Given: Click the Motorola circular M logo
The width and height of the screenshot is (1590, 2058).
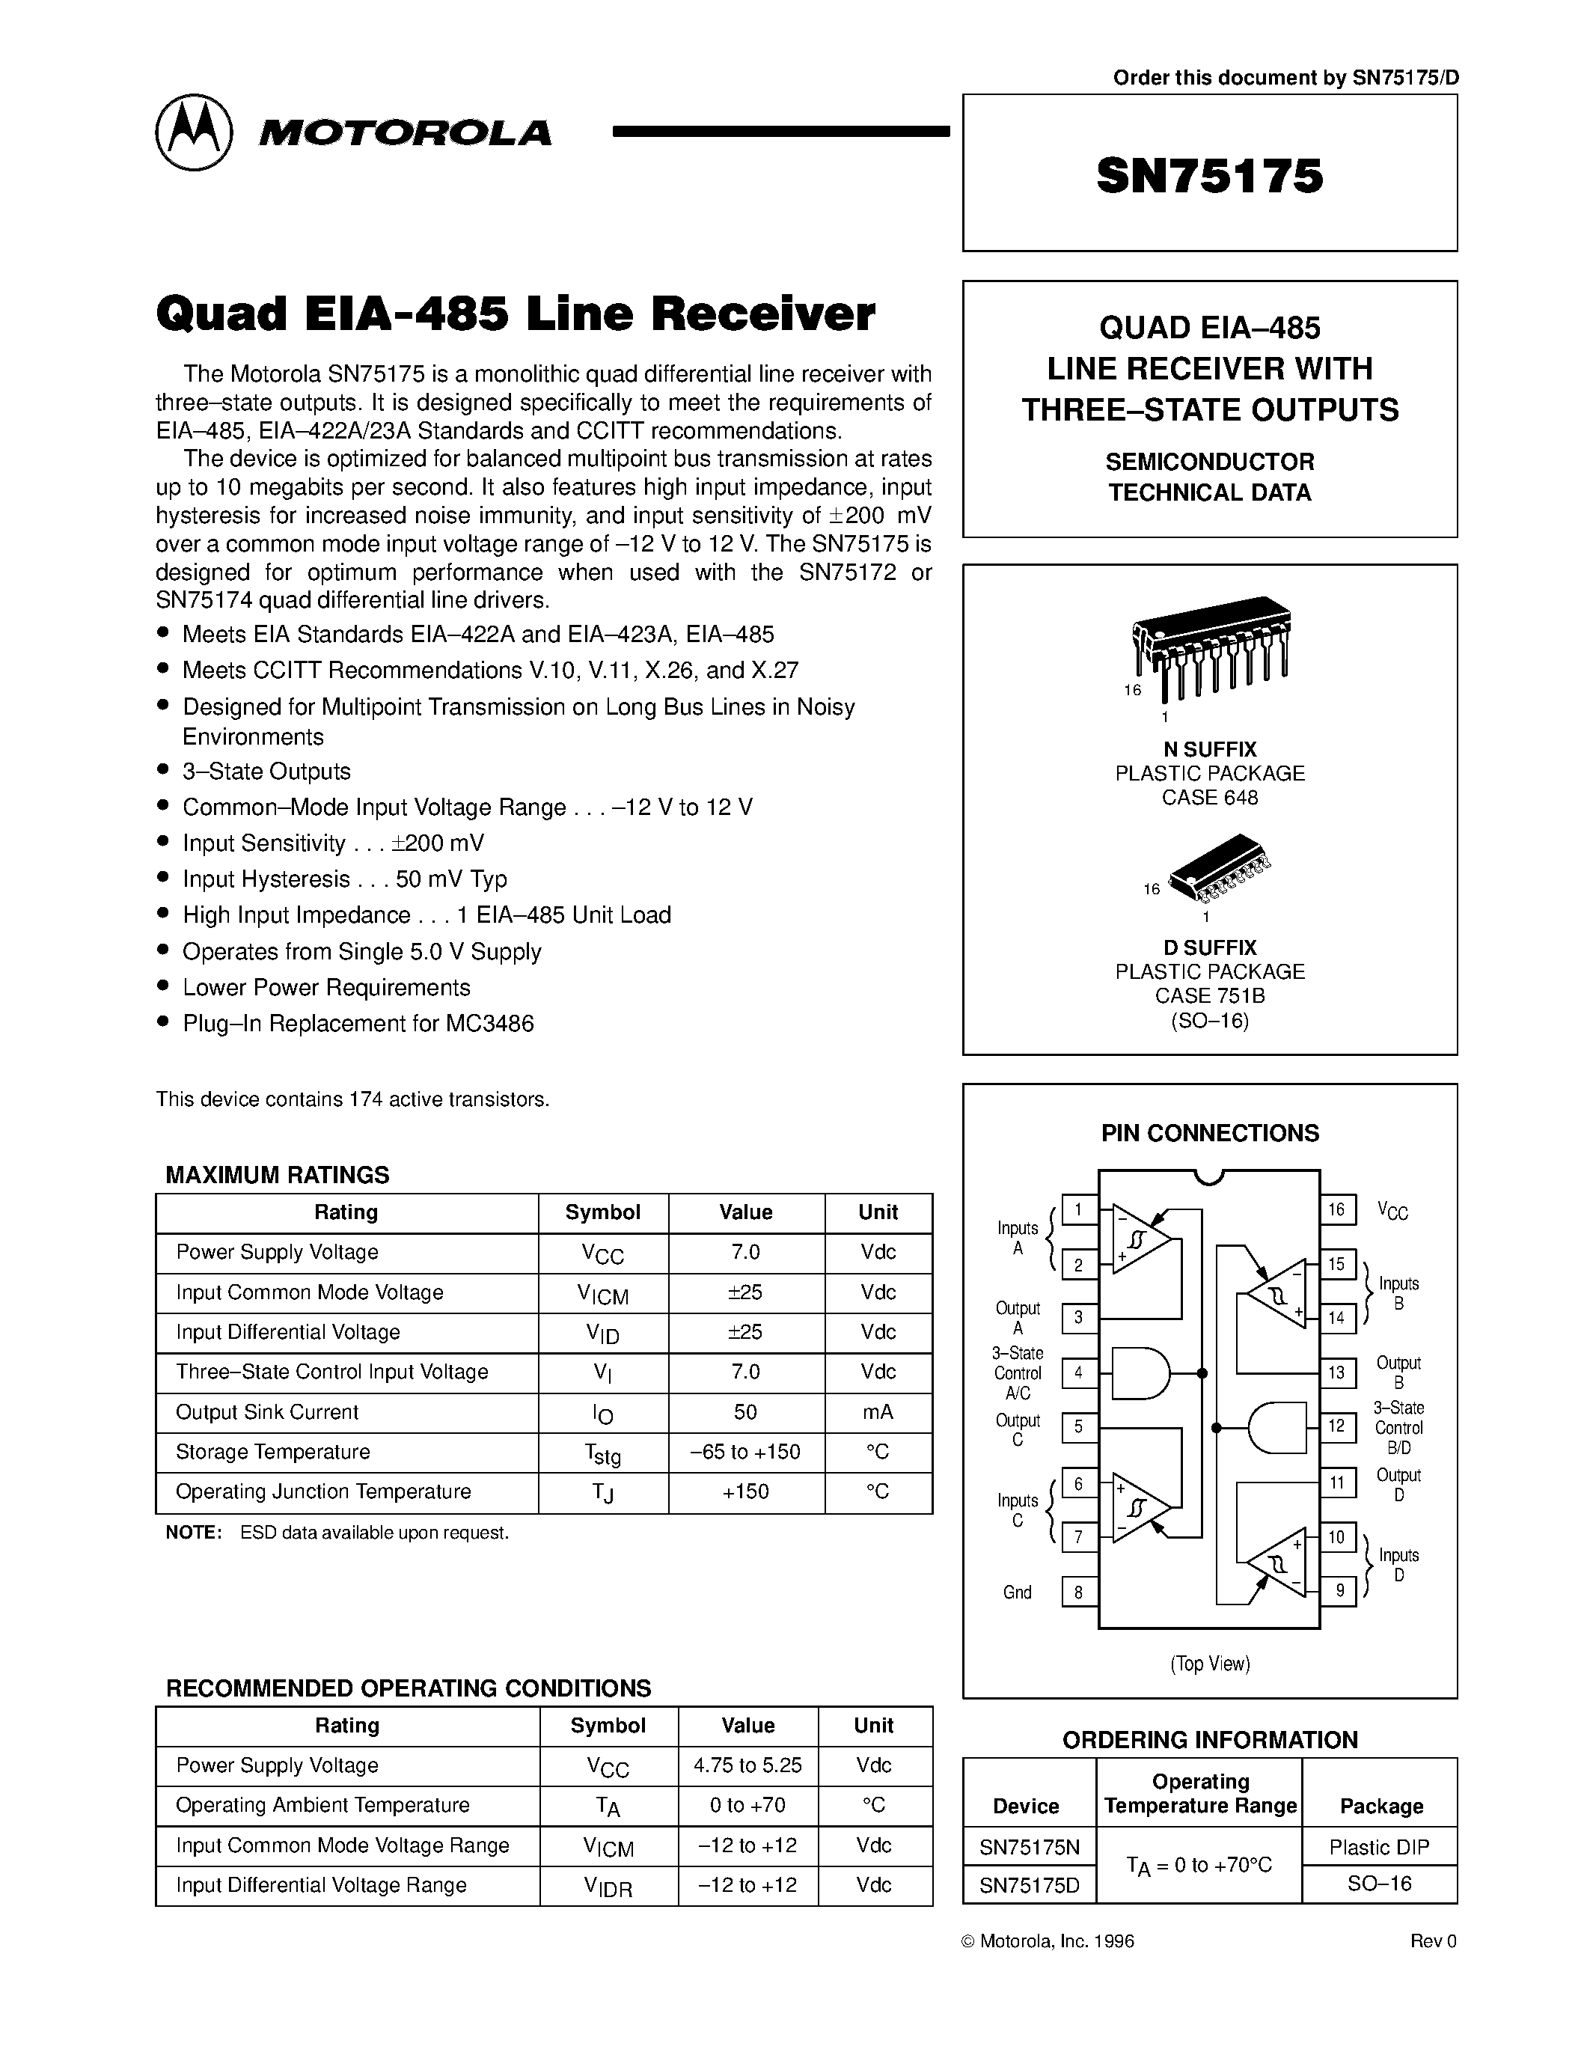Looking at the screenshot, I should [x=193, y=132].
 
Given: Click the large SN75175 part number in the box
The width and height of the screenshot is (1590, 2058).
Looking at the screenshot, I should [x=1209, y=176].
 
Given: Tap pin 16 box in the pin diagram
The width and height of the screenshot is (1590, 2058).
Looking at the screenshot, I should [x=1336, y=1209].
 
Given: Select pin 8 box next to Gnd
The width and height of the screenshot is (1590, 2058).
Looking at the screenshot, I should [x=1078, y=1592].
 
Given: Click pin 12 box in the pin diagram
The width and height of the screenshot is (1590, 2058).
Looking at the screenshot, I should [x=1336, y=1426].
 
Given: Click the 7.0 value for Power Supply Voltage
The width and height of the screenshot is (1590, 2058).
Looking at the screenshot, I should [x=745, y=1252].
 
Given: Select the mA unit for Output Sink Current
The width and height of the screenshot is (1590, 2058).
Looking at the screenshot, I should [x=878, y=1411].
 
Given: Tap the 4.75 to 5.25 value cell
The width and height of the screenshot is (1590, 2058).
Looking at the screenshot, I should [x=748, y=1765].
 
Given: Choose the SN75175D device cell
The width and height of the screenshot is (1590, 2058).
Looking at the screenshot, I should [x=1030, y=1884].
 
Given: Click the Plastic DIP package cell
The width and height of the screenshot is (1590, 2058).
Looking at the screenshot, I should [x=1379, y=1847].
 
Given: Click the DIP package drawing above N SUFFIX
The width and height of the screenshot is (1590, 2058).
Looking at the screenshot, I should [x=1211, y=641].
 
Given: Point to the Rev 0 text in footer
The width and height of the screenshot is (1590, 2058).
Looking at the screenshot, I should [x=1433, y=1941].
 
